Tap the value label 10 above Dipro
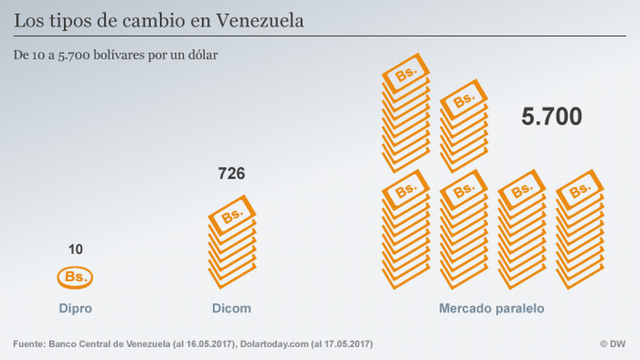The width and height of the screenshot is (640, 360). tap(76, 250)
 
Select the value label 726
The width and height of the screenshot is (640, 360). tap(231, 174)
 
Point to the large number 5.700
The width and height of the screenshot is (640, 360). tap(551, 117)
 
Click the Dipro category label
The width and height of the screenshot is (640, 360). tap(75, 308)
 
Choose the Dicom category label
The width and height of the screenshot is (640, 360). tap(231, 308)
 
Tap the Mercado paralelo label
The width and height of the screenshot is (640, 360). tap(492, 308)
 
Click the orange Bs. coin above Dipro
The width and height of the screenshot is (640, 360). tap(75, 277)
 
